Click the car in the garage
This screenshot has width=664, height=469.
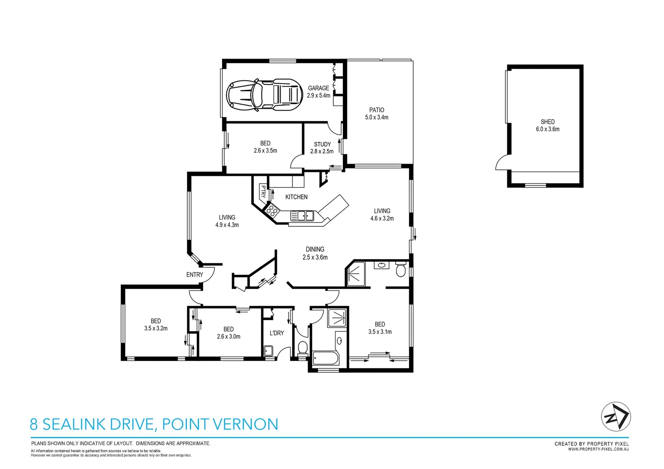264,94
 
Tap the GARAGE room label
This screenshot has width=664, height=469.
319,88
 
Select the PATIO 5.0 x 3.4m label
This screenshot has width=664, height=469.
377,114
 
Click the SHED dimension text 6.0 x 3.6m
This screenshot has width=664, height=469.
548,129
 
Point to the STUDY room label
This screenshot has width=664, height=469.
322,144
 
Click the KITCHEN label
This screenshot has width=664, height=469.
296,197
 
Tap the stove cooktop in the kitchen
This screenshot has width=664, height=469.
272,211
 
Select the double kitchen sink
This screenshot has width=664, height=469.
302,215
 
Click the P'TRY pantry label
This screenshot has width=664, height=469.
263,191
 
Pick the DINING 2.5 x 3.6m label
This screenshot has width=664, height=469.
315,253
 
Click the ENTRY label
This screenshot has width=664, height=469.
195,275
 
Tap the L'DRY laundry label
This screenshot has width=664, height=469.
277,333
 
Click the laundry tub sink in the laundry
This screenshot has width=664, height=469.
269,351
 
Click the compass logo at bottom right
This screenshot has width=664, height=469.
616,416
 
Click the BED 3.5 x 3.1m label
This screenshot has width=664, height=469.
380,328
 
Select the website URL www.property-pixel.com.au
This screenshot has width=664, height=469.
598,449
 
